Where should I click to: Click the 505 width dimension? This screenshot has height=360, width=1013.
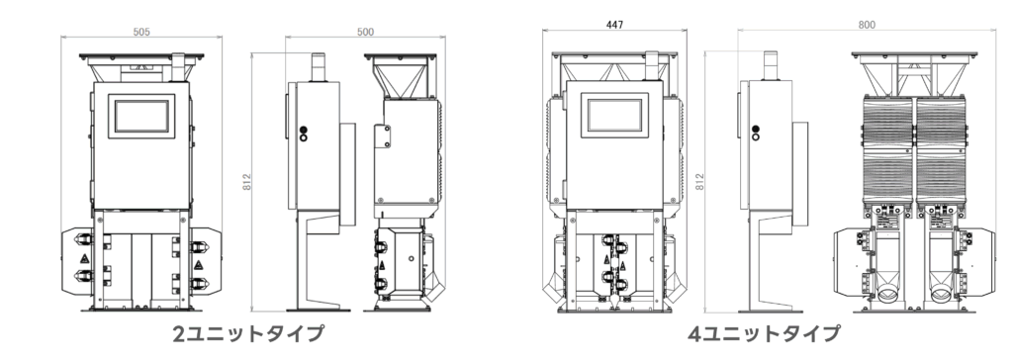141,32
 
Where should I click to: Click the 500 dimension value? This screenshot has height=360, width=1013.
365,32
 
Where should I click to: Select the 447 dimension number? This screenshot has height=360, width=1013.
615,25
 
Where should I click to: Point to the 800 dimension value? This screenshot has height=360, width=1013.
867,25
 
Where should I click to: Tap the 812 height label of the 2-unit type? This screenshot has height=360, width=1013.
246,182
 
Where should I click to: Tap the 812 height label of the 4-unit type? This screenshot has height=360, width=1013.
700,181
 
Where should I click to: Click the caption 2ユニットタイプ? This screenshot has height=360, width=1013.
248,333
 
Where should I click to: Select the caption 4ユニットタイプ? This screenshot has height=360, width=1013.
764,333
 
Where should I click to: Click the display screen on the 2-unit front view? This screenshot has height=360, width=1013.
141,117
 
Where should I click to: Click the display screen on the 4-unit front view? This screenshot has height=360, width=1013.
614,115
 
